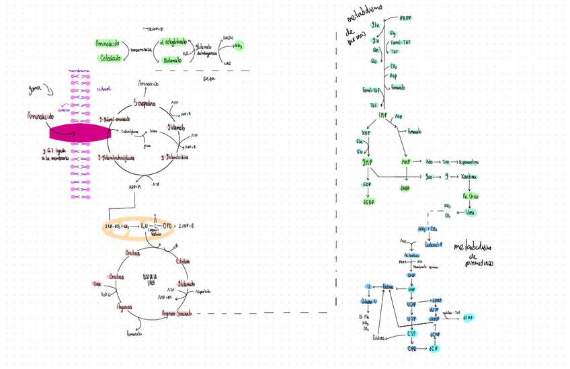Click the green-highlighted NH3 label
(238, 46)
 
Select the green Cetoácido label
(109, 58)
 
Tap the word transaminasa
(140, 50)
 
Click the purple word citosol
(104, 88)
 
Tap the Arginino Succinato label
(177, 313)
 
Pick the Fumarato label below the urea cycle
(134, 333)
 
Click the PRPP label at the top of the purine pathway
(407, 18)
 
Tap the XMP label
(366, 132)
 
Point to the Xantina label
(469, 176)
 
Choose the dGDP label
(368, 202)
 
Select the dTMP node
(469, 318)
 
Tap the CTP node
(412, 333)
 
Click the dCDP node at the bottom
(435, 348)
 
